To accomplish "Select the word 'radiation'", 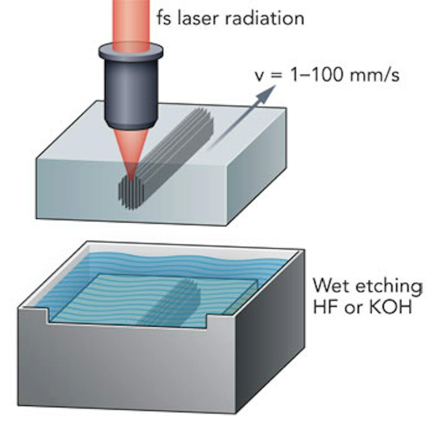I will [264, 18].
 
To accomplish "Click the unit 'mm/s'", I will [376, 77].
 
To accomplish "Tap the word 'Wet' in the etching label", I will [327, 286].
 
